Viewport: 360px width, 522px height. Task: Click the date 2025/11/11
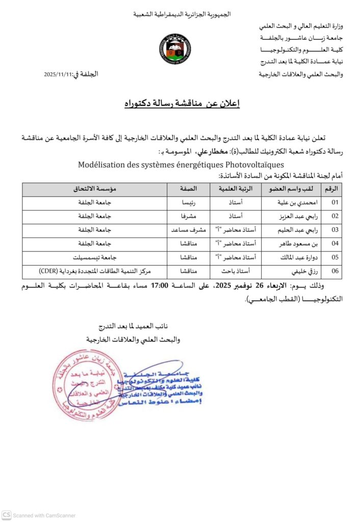pos(59,75)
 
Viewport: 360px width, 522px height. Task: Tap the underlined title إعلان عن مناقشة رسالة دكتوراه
pos(182,104)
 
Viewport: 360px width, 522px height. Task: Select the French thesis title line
pos(181,165)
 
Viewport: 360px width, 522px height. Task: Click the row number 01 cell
pos(335,202)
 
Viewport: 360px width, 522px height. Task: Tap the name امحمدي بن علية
pos(293,202)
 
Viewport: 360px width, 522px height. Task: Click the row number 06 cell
pos(335,271)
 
